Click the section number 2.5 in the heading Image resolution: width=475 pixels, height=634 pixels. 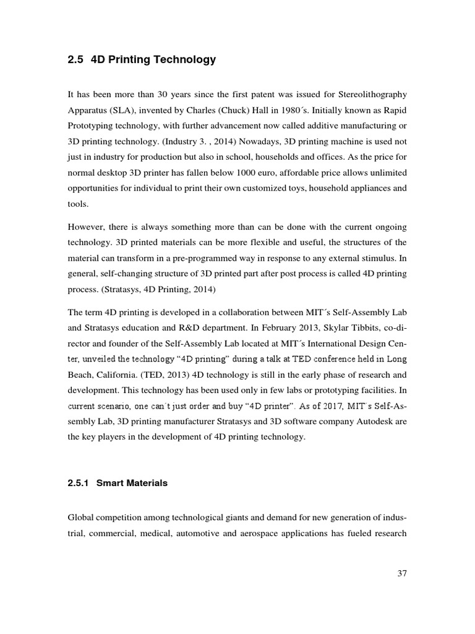76,60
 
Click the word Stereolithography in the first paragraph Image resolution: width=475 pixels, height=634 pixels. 370,95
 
